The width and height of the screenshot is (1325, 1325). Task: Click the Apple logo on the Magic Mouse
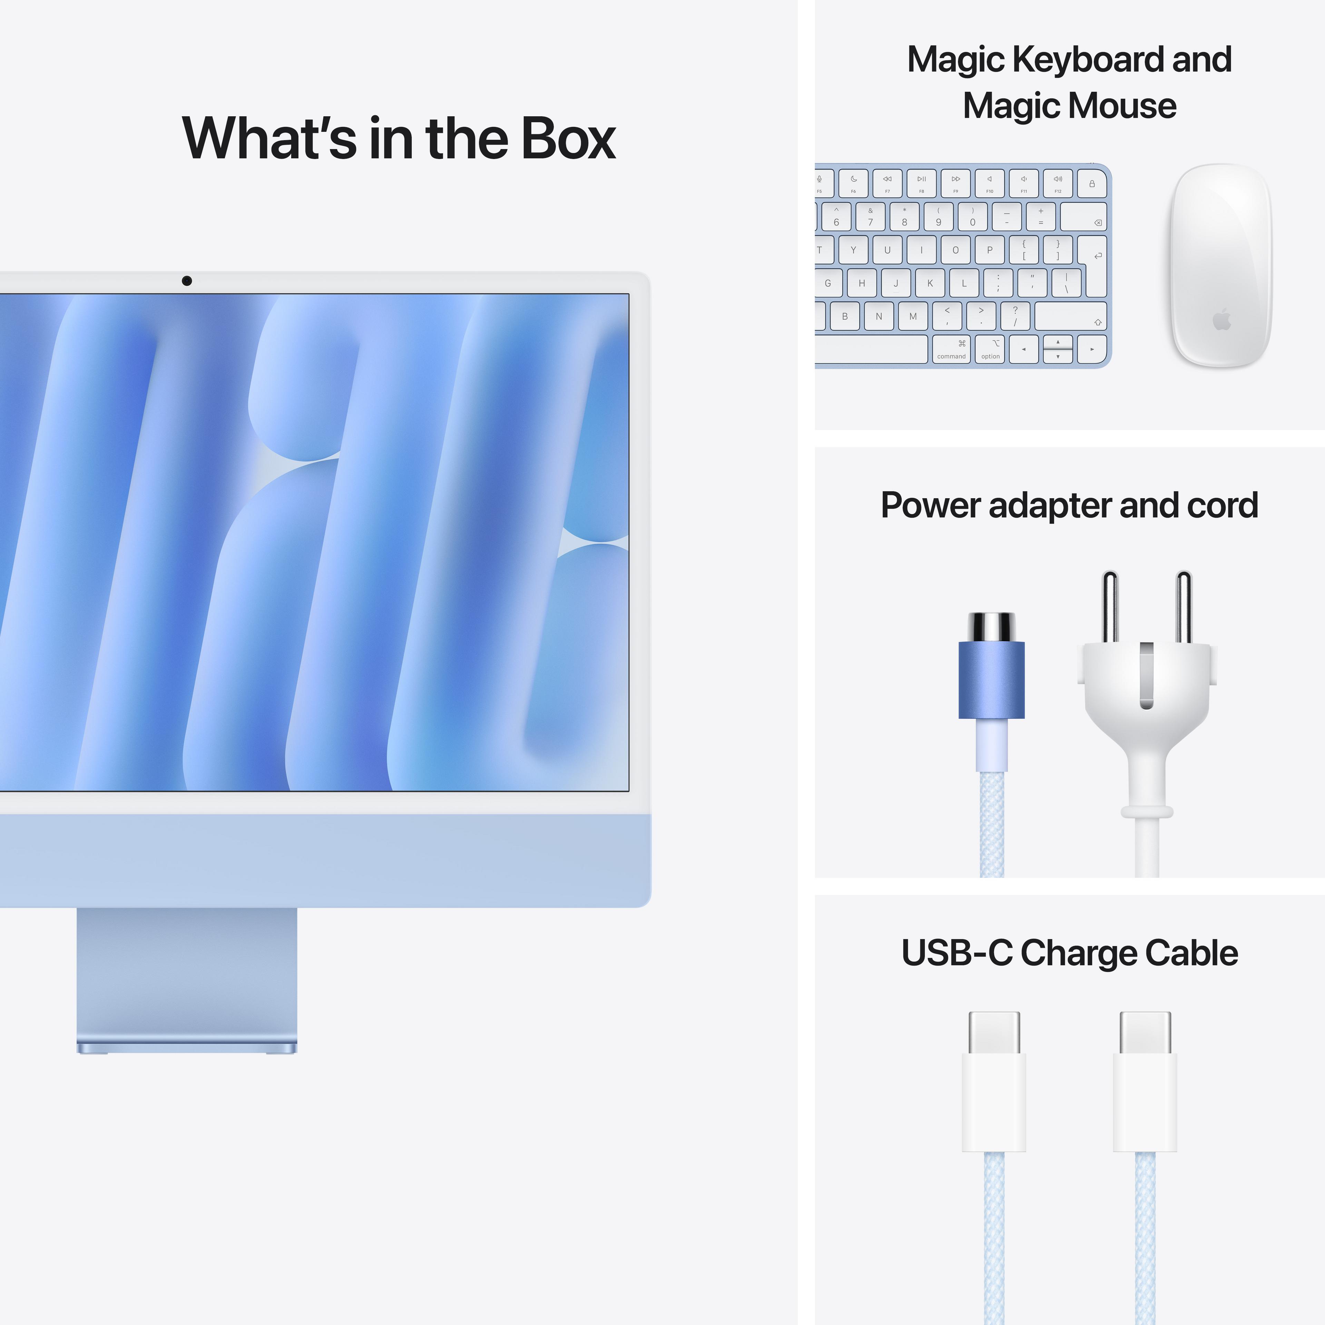point(1221,320)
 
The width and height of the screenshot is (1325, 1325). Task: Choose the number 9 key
point(938,217)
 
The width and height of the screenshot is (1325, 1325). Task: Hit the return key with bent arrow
point(1093,254)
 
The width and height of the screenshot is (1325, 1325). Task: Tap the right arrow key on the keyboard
point(1092,349)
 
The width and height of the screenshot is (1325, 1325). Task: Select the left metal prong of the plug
point(1110,607)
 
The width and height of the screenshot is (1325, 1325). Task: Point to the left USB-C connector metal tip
point(994,1032)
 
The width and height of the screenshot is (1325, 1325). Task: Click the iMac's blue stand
point(187,977)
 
